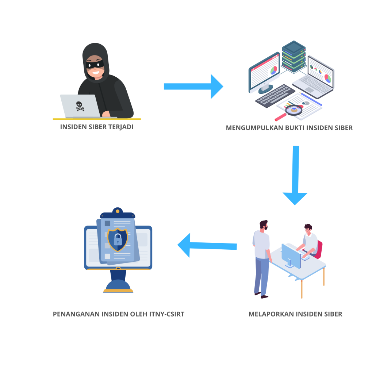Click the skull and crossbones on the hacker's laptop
click(x=80, y=106)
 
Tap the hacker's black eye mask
click(x=95, y=65)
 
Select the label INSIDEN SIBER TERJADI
click(x=96, y=127)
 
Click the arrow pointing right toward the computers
click(x=193, y=86)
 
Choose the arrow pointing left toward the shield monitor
click(x=207, y=245)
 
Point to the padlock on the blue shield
click(x=118, y=240)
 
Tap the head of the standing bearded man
click(x=264, y=225)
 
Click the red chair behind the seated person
click(x=319, y=249)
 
